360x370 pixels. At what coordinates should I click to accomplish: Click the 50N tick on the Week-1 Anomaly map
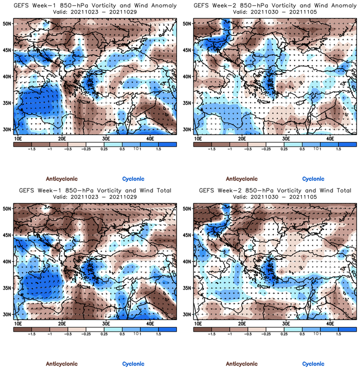coord(7,24)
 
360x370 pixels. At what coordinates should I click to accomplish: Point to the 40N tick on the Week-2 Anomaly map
coord(187,76)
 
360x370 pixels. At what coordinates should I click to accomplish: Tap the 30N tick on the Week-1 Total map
coord(7,314)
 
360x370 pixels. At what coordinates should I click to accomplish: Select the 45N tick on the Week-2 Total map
coord(187,235)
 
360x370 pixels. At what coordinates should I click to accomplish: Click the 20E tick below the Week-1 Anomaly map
coord(62,138)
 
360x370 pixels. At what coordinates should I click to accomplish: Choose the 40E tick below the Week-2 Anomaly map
coord(330,138)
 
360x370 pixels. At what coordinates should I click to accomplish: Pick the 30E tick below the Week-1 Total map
coord(106,323)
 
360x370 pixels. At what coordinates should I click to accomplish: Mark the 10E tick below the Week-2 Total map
coord(198,323)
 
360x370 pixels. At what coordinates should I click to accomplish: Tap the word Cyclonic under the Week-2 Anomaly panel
coord(313,179)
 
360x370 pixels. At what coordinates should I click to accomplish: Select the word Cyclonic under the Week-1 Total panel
coord(133,364)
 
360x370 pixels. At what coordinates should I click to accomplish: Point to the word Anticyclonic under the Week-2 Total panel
coord(242,364)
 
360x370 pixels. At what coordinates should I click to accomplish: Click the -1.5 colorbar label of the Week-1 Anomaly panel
coord(31,149)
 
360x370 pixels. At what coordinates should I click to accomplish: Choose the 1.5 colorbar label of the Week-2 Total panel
coord(338,334)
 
